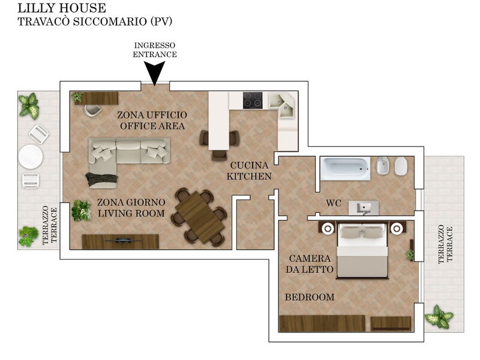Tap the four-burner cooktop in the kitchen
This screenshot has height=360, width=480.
[253, 100]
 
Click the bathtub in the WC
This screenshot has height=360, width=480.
[346, 169]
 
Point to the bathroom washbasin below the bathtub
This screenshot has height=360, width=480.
[364, 208]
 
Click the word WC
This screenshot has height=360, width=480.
[334, 203]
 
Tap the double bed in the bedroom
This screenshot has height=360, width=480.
[362, 251]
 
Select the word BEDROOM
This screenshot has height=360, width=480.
[310, 297]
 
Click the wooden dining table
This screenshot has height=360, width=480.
[200, 217]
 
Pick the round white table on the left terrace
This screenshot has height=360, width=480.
[31, 157]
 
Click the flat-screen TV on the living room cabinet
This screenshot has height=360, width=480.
[124, 241]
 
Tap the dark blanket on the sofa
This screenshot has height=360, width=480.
[102, 179]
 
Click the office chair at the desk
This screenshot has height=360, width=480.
[92, 110]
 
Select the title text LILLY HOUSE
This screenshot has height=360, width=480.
[62, 8]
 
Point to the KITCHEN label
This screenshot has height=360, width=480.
[249, 176]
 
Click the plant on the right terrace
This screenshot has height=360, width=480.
[439, 317]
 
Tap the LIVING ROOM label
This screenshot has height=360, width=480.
[131, 214]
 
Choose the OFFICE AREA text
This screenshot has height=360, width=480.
[152, 126]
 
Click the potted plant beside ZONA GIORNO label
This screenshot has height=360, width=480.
[82, 211]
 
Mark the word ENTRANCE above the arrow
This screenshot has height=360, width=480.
[155, 55]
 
